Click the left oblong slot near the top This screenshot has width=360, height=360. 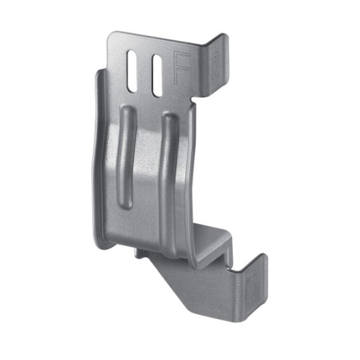(131, 71)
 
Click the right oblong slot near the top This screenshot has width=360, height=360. (157, 76)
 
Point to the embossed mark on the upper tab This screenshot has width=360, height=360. (217, 60)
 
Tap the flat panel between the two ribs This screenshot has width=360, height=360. (147, 174)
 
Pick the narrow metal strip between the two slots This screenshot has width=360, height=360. (144, 74)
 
